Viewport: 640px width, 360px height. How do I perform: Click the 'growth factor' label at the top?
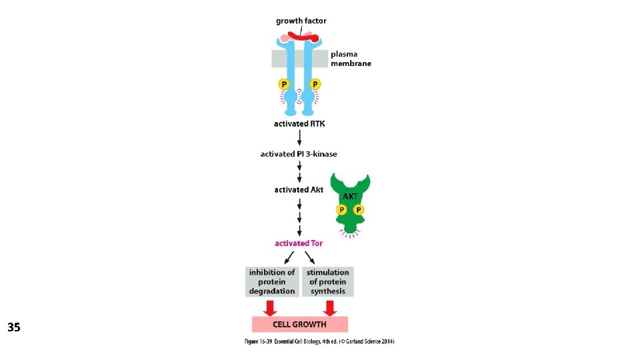point(301,21)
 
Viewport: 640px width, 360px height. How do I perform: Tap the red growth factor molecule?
point(303,37)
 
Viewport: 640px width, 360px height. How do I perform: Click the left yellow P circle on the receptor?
point(285,85)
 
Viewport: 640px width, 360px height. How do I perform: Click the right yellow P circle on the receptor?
point(315,85)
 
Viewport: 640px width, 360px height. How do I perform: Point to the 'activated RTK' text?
point(299,123)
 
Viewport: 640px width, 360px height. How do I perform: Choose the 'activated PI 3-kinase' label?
point(299,154)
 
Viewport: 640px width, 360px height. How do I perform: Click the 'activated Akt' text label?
point(299,190)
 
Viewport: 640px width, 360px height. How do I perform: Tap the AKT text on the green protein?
point(350,197)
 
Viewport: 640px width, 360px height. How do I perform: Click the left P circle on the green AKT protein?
point(342,210)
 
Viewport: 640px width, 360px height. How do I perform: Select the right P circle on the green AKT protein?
point(359,210)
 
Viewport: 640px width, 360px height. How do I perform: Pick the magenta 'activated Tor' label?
point(299,243)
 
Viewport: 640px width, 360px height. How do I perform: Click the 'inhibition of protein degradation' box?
point(272,281)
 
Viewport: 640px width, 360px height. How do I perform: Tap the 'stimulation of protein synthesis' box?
point(328,281)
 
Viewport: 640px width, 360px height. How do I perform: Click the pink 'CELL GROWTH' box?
point(300,325)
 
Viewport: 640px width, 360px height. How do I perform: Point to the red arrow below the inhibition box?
point(270,307)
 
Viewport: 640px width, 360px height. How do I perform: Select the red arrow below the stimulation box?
point(329,307)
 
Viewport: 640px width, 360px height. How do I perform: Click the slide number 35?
point(14,327)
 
